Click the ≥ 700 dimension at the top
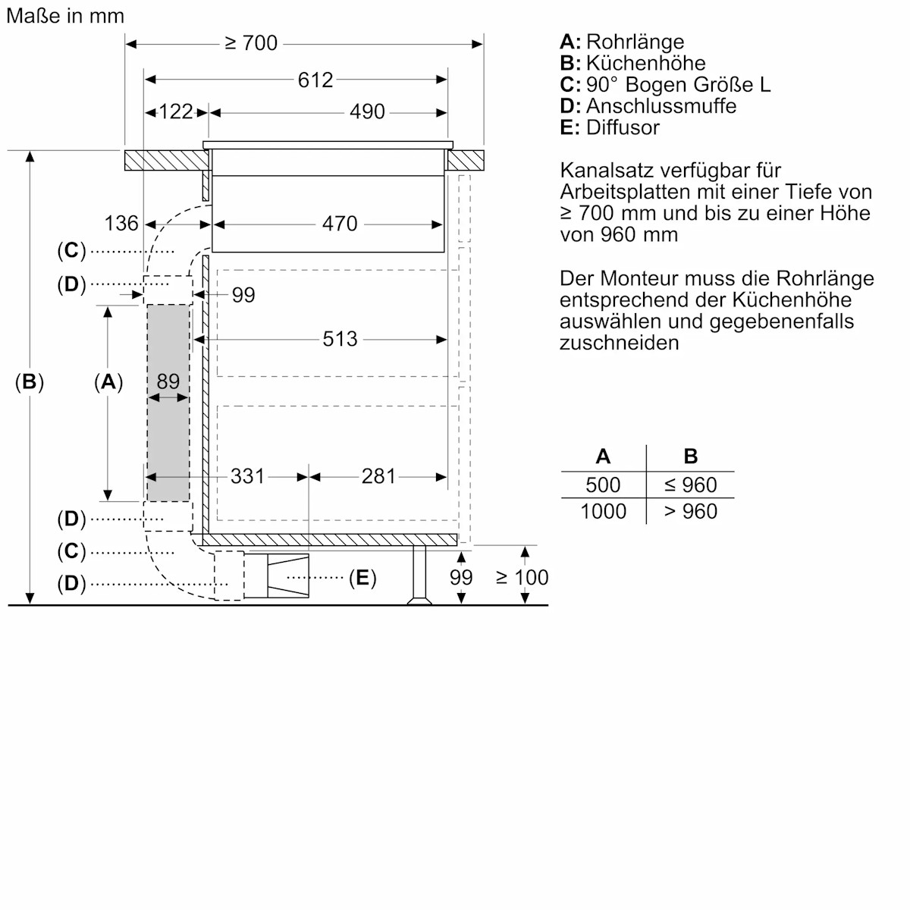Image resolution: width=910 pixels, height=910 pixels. coord(251,43)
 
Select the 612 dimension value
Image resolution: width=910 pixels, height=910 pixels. coord(315,80)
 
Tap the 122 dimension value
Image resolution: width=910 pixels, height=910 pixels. coord(175,112)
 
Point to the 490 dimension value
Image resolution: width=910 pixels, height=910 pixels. coord(367,112)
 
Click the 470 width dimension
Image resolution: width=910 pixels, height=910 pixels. coord(339,224)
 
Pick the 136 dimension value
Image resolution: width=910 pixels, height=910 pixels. coord(121,224)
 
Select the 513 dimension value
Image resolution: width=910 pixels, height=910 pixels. coord(339,339)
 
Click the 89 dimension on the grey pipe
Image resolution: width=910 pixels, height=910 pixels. coord(168,381)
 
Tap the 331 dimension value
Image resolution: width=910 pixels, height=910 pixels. coord(247,476)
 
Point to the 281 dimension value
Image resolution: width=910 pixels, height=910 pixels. coord(378,476)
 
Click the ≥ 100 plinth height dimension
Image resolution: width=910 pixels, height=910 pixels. coord(522,578)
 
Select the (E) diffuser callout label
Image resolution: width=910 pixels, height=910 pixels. coord(362,579)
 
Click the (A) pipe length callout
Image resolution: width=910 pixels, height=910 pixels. coord(108,382)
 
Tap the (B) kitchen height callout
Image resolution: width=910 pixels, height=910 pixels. coord(30,382)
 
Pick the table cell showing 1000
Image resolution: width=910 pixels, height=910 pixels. coord(603,512)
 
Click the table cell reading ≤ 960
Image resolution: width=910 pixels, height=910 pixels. coord(689,485)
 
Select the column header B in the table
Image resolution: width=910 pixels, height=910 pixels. coord(690,457)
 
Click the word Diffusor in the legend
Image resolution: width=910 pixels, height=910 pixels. coord(623,127)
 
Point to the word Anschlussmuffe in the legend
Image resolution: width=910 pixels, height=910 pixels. coord(661,106)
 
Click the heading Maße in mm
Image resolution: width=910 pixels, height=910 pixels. coord(65,16)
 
